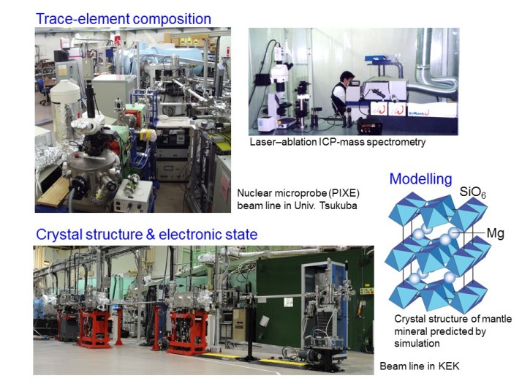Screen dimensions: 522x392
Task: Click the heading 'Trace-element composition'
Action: click(x=123, y=19)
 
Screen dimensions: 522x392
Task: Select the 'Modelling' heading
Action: click(x=421, y=179)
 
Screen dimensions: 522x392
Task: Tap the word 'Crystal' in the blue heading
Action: click(x=59, y=235)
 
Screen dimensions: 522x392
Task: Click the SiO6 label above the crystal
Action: click(x=473, y=192)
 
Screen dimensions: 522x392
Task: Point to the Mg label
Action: click(x=496, y=233)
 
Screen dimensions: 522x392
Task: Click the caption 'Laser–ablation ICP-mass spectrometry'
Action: click(x=338, y=142)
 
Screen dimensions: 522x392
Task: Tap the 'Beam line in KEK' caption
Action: click(x=420, y=366)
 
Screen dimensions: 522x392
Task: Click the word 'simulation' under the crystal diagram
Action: click(x=417, y=344)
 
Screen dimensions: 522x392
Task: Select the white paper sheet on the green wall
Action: click(x=288, y=302)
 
